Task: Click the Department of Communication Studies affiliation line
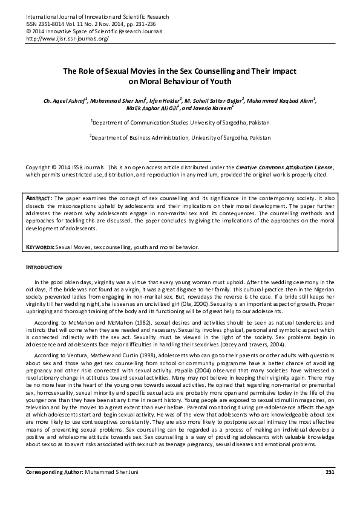coord(181,123)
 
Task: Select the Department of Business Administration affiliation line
coord(181,137)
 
